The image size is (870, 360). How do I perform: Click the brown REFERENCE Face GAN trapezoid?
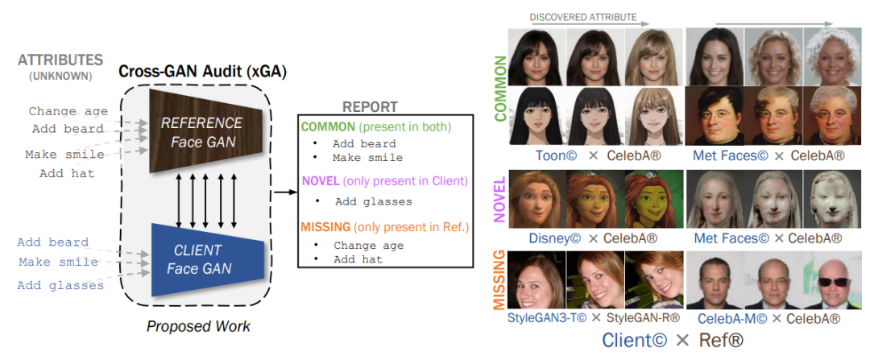201,132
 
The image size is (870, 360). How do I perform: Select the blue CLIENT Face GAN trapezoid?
201,259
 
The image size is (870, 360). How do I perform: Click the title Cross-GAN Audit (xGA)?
202,71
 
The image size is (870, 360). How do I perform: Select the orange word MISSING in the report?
326,227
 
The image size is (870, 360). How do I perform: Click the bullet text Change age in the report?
369,246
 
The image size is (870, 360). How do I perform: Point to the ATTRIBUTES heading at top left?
60,60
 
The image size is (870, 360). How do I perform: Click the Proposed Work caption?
198,326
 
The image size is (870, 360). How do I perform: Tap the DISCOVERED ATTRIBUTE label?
582,17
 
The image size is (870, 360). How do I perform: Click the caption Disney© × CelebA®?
594,238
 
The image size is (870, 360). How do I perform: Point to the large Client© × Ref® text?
673,340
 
